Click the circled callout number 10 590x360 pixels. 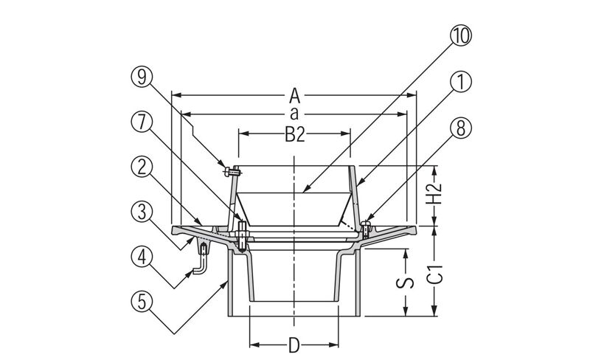[x=460, y=35]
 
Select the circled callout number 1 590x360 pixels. [x=460, y=81]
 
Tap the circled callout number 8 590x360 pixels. [x=460, y=128]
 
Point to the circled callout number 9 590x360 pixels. [x=142, y=77]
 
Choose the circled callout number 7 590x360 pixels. [x=142, y=122]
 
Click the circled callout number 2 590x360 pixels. [x=142, y=167]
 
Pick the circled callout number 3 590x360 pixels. [x=142, y=212]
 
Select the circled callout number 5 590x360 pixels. [x=142, y=302]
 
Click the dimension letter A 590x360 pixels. [x=294, y=96]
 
